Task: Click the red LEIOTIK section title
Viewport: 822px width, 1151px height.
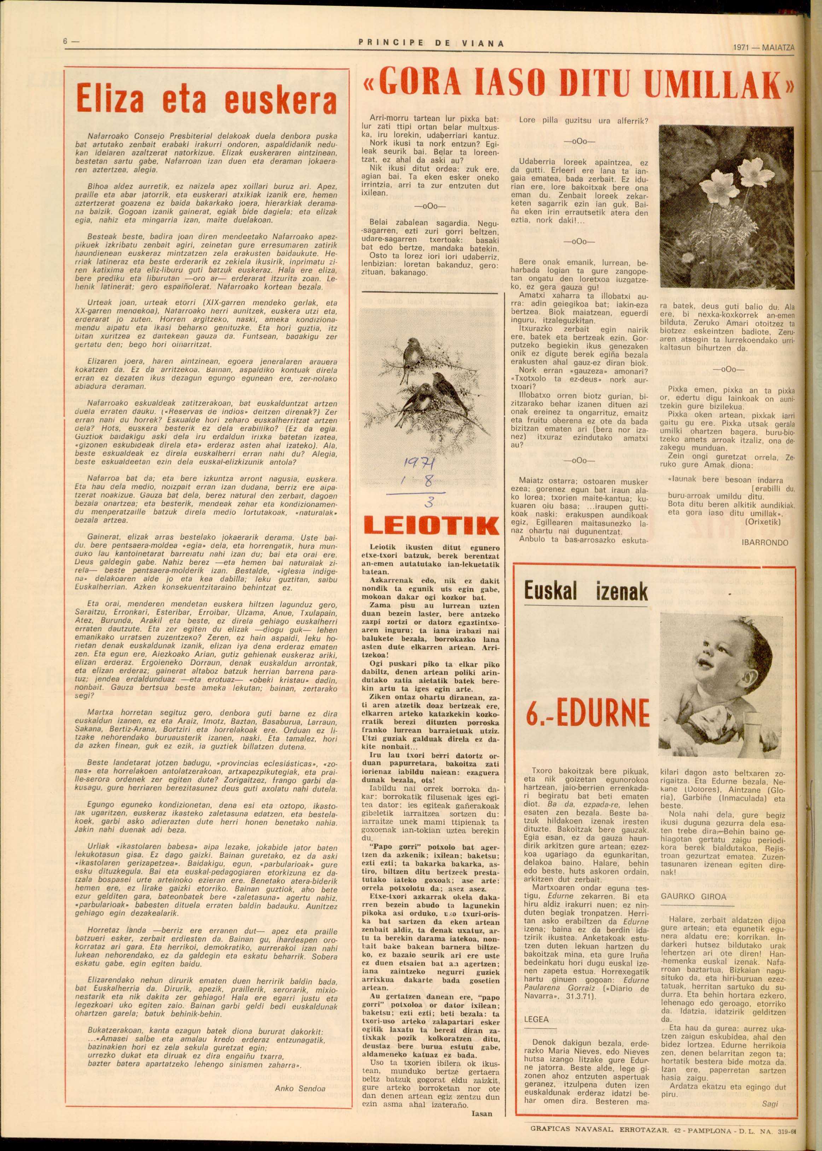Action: coord(429,526)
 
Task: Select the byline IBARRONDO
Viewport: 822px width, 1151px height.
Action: coord(764,542)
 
